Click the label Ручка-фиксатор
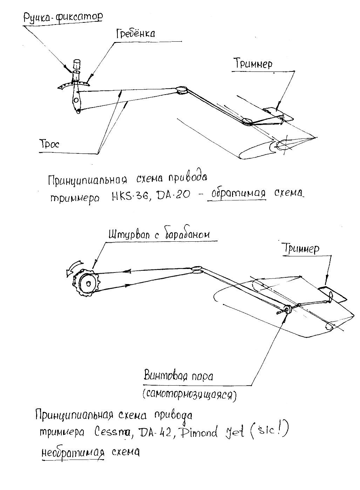(x=63, y=17)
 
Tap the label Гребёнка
(x=135, y=34)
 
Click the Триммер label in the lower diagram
(x=302, y=249)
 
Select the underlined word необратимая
(x=73, y=452)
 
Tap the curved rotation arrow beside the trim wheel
(x=73, y=268)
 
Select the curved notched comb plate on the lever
(x=72, y=84)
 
